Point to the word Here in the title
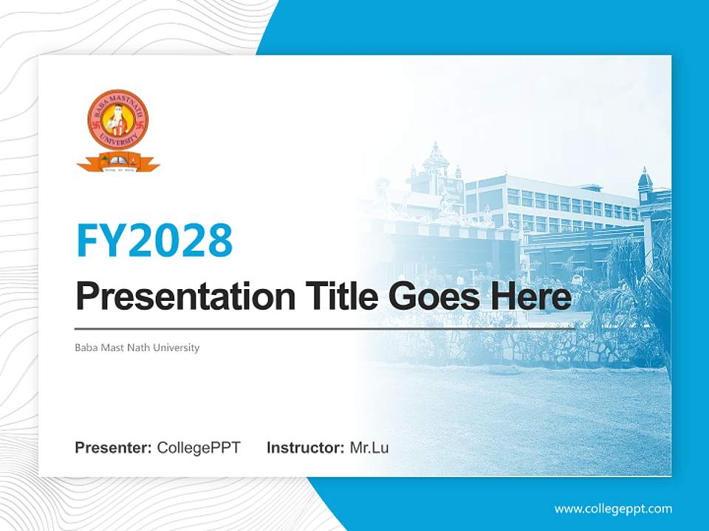pyautogui.click(x=530, y=297)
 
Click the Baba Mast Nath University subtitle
pyautogui.click(x=137, y=347)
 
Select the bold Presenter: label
pyautogui.click(x=114, y=448)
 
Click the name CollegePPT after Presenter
pyautogui.click(x=199, y=448)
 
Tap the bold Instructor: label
pyautogui.click(x=305, y=448)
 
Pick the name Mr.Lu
pyautogui.click(x=369, y=448)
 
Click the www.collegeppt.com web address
pyautogui.click(x=613, y=508)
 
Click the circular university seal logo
pyautogui.click(x=118, y=119)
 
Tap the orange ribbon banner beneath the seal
pyautogui.click(x=118, y=161)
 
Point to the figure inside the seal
pyautogui.click(x=118, y=119)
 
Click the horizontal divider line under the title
pyautogui.click(x=325, y=328)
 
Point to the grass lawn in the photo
pyautogui.click(x=517, y=413)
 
